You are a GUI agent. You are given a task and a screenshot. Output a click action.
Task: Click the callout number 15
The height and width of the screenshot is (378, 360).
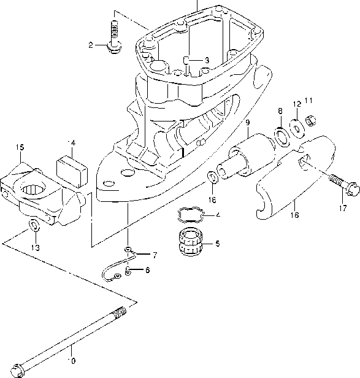pos(20,147)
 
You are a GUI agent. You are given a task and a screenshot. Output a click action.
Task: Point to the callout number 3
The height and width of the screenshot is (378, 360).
pos(207,60)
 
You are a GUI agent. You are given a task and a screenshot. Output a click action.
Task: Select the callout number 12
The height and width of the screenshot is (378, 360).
pos(296,104)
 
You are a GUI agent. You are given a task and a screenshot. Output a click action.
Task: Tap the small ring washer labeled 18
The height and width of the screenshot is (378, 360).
pos(212,178)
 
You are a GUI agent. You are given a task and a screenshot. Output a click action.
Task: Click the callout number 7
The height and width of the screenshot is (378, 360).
pos(155,254)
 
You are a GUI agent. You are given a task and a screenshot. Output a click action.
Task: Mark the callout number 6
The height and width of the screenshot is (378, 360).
pos(147,270)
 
